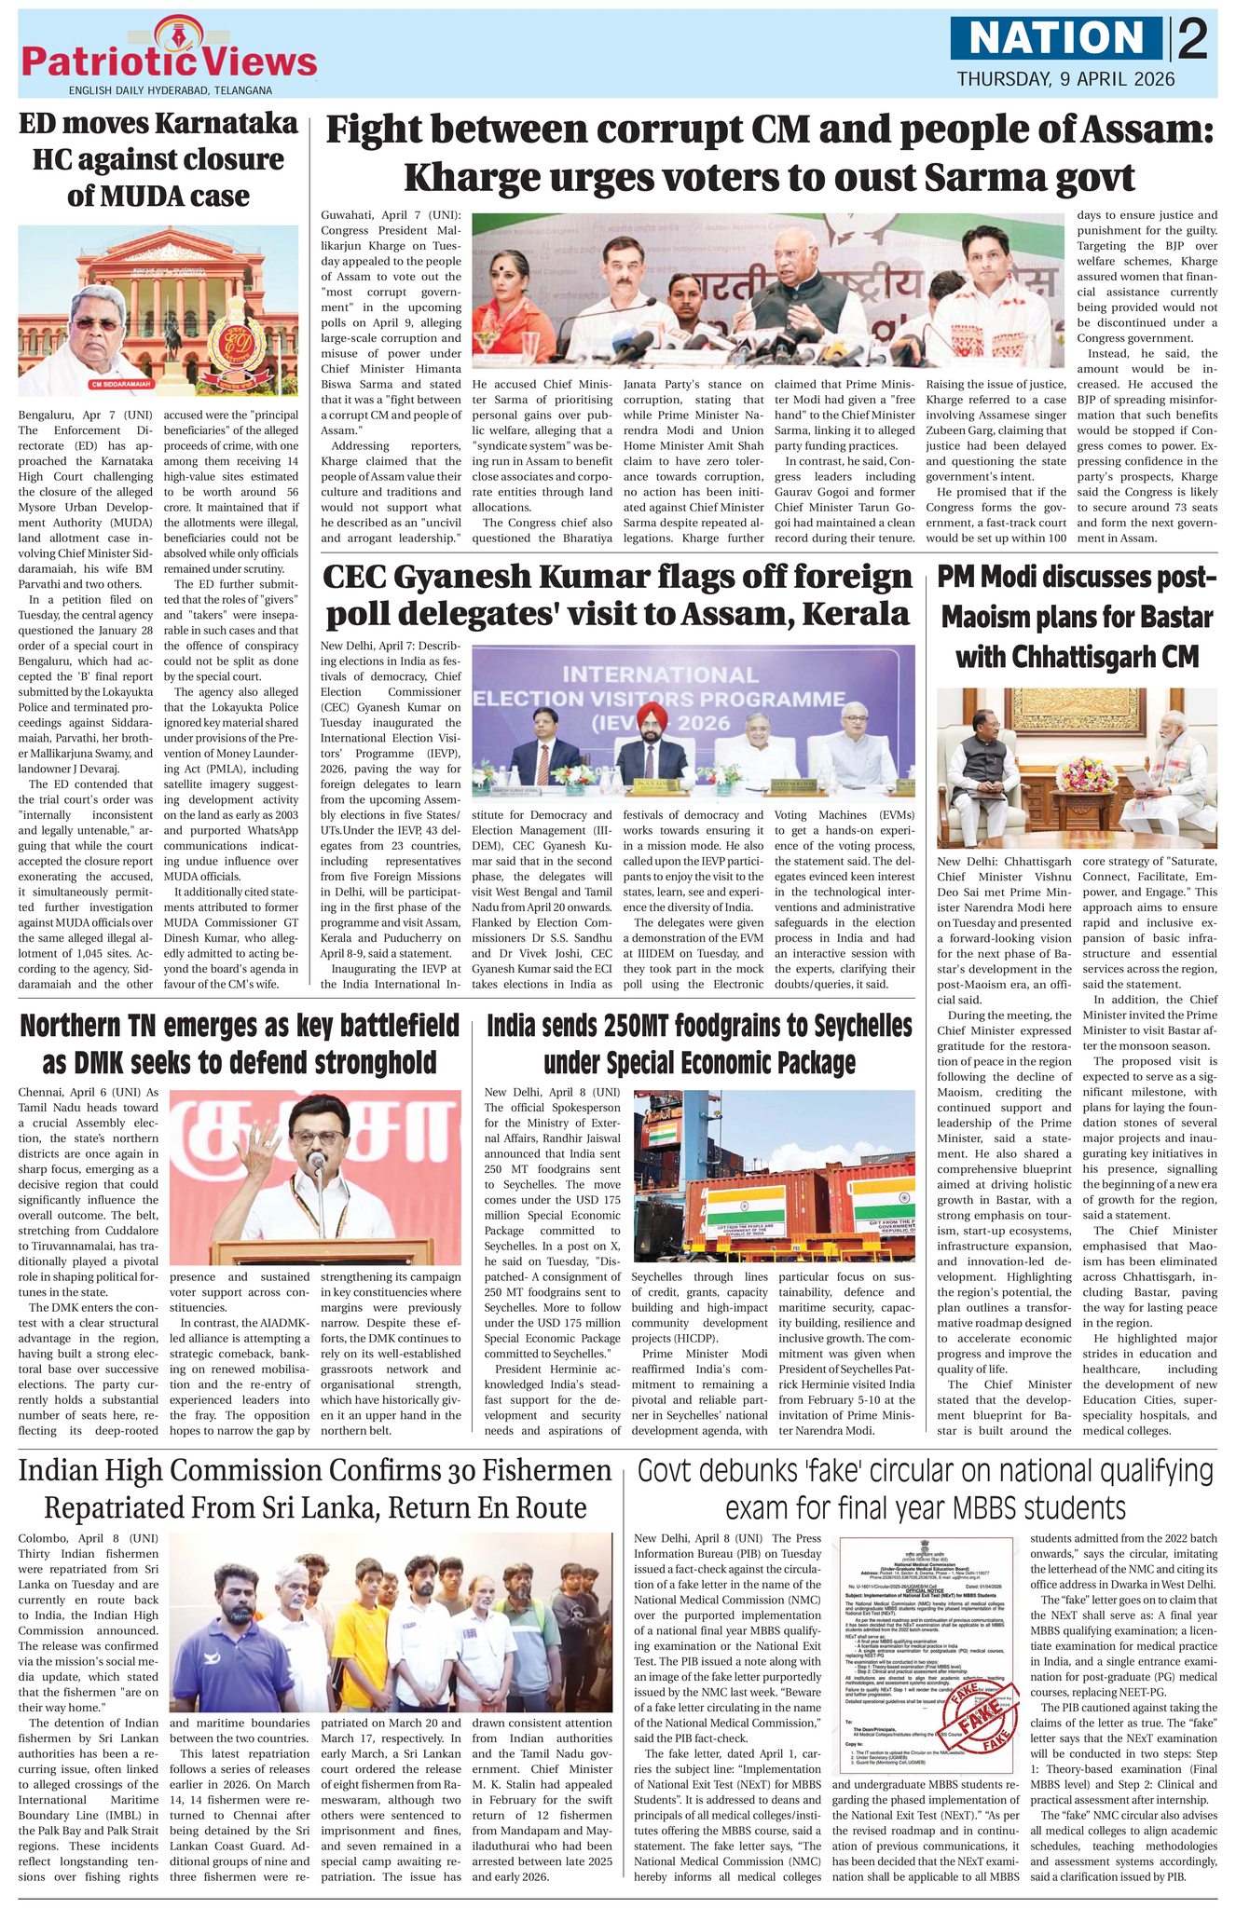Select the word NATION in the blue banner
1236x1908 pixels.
pos(1057,39)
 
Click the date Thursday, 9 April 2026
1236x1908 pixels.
pos(1065,78)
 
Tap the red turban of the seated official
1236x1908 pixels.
pos(645,715)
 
